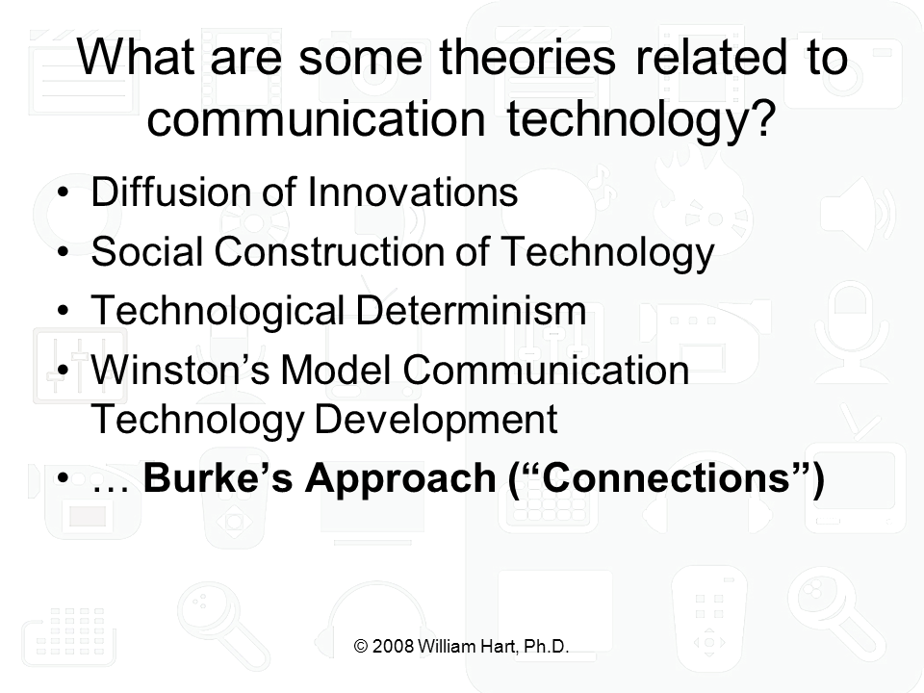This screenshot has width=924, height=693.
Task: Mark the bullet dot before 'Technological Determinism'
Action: pyautogui.click(x=64, y=311)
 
